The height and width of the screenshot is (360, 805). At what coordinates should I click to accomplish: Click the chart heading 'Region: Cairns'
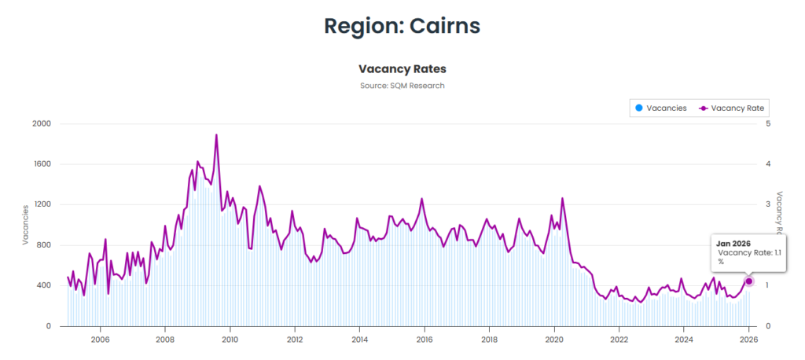pos(402,25)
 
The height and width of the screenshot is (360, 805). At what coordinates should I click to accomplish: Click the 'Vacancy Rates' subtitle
pos(402,69)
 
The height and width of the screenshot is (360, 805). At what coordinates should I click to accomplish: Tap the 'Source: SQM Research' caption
pos(402,86)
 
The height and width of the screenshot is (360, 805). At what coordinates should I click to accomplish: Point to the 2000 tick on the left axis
pos(41,124)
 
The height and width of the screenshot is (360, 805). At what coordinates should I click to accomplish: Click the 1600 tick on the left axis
pos(41,164)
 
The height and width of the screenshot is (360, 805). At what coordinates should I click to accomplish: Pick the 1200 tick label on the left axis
pos(41,205)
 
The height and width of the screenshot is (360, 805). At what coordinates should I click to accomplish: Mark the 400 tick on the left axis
pos(42,285)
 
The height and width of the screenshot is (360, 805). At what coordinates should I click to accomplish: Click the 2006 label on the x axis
pos(100,340)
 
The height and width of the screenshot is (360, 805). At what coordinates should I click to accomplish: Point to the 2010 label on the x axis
pos(230,340)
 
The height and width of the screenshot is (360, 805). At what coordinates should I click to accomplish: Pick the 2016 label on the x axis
pos(425,340)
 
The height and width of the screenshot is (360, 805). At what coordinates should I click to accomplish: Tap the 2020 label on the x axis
pos(554,340)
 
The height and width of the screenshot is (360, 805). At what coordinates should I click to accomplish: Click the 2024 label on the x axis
pos(684,340)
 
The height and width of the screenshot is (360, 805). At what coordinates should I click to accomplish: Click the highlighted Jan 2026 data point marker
pos(749,281)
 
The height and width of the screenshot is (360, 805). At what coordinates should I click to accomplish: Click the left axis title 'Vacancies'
pos(25,225)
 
